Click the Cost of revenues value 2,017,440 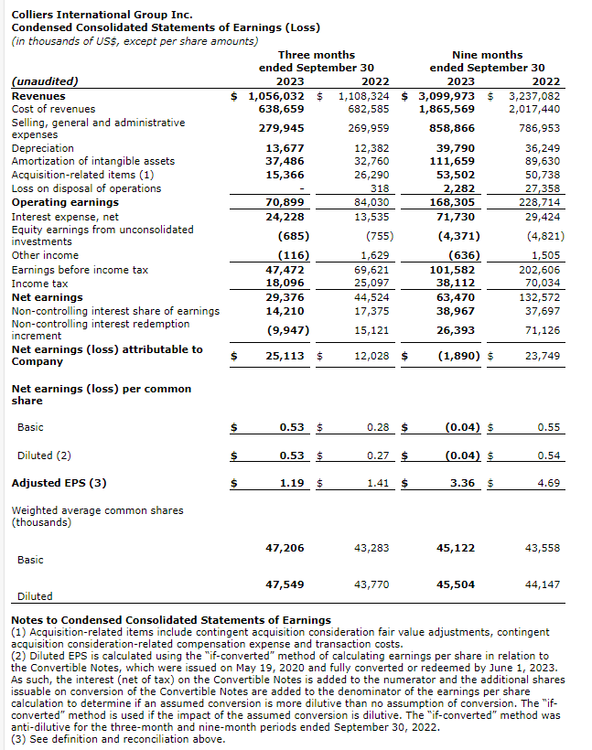534,109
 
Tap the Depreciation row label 42,148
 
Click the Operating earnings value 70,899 285,202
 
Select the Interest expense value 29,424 541,216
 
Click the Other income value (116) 293,255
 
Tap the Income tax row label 39,284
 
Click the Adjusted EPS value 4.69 549,482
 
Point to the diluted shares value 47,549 285,583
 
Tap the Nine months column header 487,55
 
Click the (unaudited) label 45,80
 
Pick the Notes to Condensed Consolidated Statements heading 171,620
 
